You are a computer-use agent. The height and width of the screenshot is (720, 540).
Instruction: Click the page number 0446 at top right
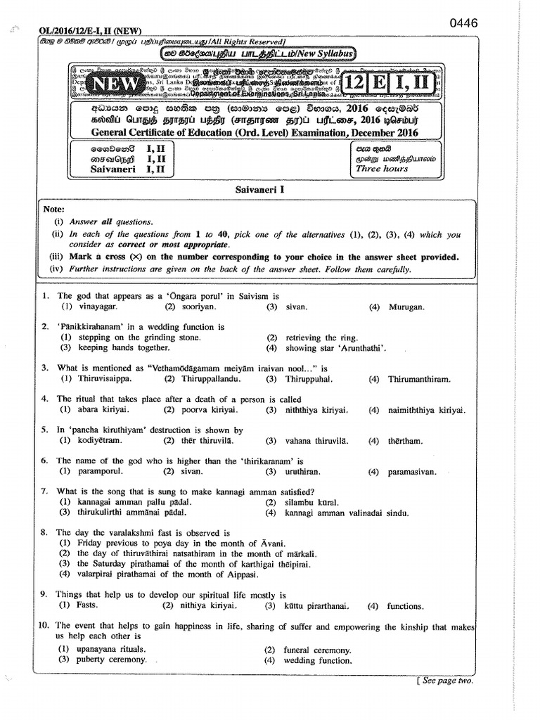point(463,22)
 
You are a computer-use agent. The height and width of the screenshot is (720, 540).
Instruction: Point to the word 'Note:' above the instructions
point(53,210)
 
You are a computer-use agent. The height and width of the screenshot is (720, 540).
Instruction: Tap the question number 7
point(44,491)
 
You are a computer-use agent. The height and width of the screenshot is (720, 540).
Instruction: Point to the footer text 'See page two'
point(446,681)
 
